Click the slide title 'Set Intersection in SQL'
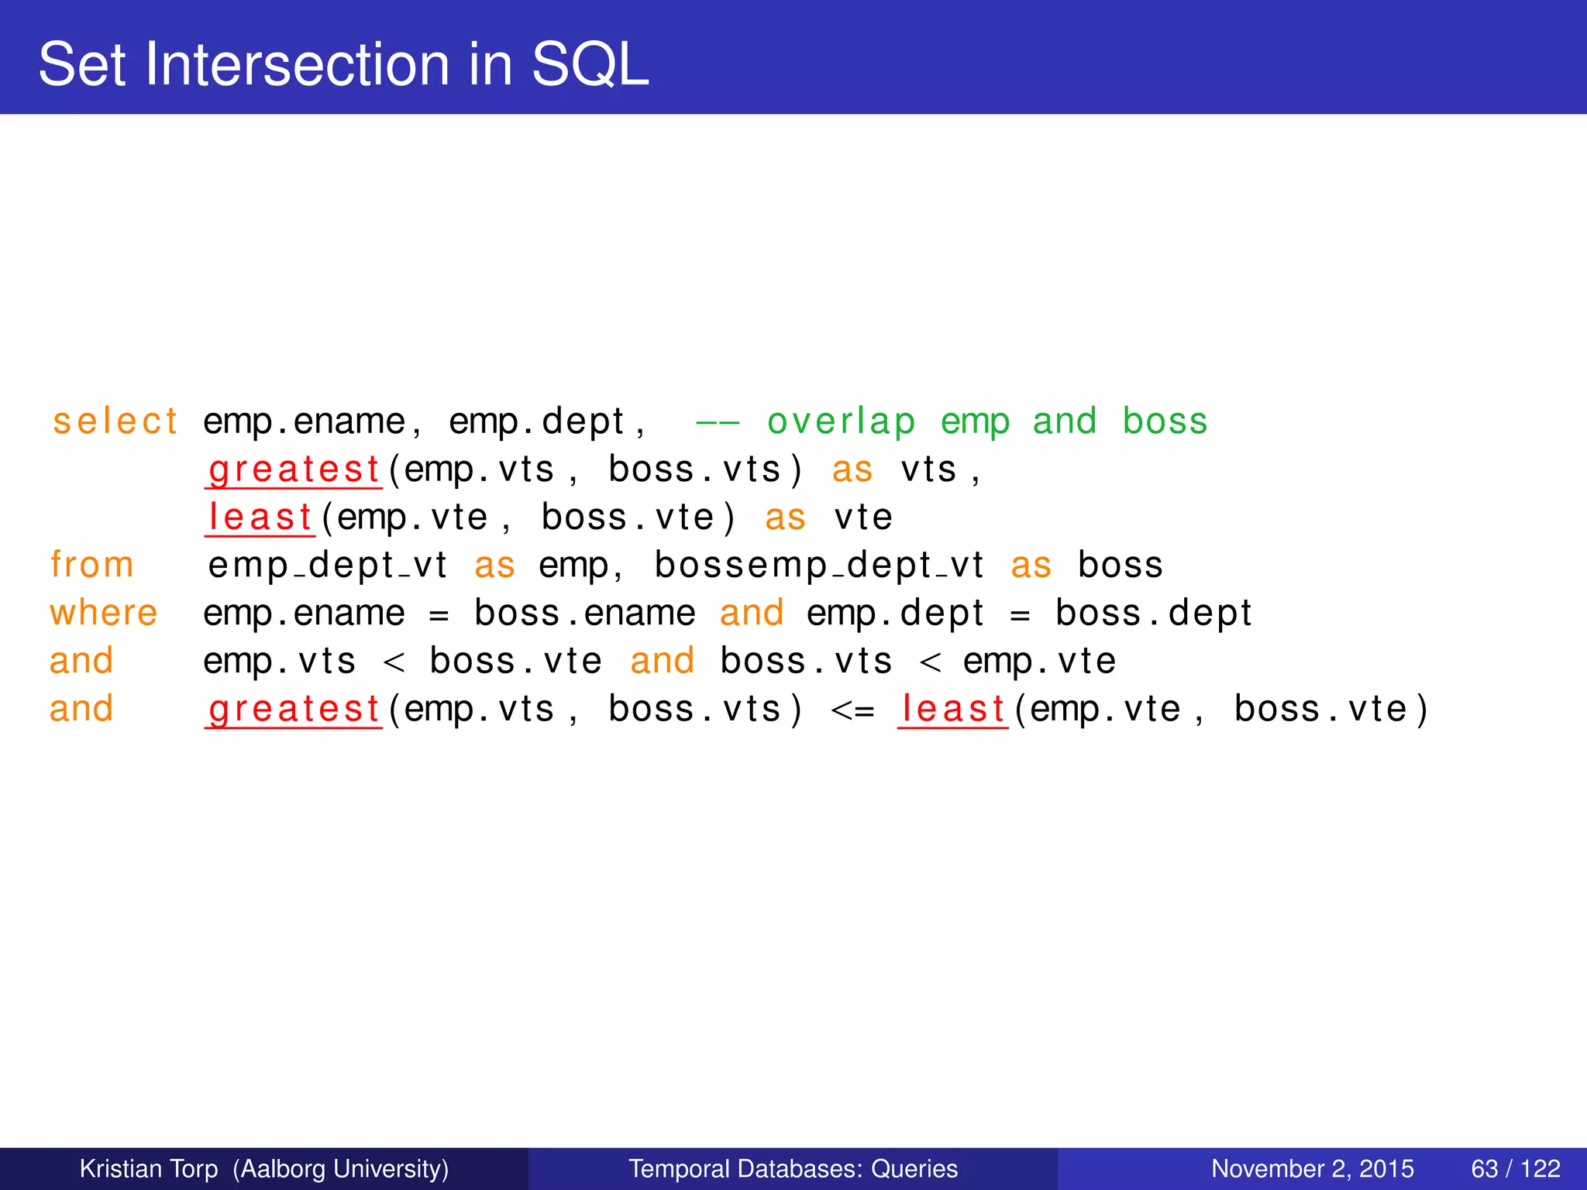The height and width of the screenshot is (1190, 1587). click(x=343, y=64)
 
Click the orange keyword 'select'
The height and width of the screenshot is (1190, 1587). click(x=115, y=422)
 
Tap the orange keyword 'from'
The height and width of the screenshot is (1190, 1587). click(x=91, y=565)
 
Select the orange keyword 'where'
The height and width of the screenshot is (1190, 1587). click(x=104, y=613)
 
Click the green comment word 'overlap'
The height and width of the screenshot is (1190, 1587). click(x=841, y=422)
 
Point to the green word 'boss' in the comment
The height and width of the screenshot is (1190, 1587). click(x=1165, y=422)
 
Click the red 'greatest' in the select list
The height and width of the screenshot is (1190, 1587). click(x=294, y=470)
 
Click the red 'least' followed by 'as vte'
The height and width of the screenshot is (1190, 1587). click(x=260, y=518)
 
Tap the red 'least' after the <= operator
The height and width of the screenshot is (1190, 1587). click(x=953, y=709)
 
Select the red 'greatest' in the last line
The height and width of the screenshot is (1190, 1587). click(x=294, y=709)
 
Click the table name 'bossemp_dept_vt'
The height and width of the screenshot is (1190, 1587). click(x=819, y=566)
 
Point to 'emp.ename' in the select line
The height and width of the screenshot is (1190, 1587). click(x=305, y=422)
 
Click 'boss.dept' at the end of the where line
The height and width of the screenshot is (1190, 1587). click(x=1153, y=614)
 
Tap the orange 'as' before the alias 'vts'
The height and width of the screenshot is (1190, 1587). click(x=852, y=470)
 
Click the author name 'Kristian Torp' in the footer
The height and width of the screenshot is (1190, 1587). click(x=149, y=1168)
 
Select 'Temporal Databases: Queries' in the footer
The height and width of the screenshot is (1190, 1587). click(x=793, y=1168)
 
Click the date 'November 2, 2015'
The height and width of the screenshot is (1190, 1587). click(x=1312, y=1168)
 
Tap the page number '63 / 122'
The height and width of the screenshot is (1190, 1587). click(x=1515, y=1168)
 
